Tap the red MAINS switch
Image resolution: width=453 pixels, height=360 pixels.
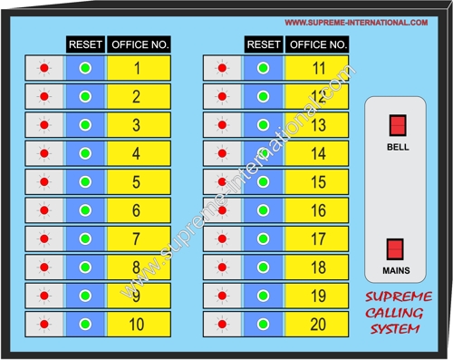pos(396,248)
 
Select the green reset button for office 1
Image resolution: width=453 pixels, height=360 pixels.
pos(86,68)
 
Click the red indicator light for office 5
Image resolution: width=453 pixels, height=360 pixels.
pos(43,182)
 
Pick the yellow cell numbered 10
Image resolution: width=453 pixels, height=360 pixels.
pos(137,324)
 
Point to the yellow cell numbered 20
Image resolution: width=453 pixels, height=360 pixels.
pos(318,324)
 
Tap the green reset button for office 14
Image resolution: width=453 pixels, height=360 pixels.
pos(264,153)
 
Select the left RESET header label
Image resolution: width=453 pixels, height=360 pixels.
pos(85,44)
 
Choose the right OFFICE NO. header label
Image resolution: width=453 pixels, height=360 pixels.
pos(317,44)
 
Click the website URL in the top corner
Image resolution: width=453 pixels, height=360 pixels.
pos(356,22)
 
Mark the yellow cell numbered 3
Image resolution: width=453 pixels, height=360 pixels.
pos(137,125)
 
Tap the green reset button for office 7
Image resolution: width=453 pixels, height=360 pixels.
pos(86,239)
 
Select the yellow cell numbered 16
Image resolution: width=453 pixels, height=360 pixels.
pos(318,210)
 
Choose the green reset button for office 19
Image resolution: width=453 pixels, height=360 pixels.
pos(264,296)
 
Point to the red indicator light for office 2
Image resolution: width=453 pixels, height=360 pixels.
pos(43,96)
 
